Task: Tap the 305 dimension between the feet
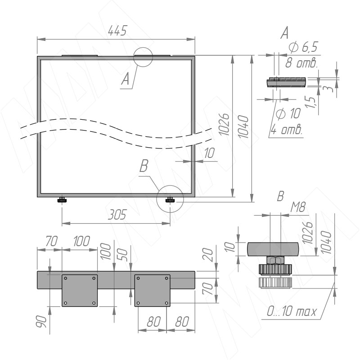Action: pos(117,215)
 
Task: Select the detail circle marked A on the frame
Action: pos(144,57)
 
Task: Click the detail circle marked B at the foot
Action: pos(170,198)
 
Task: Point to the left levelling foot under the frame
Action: pos(62,200)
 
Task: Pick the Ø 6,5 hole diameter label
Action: pos(303,46)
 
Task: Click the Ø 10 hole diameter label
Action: pos(288,114)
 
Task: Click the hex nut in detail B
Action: pos(274,260)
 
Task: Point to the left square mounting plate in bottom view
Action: pos(79,290)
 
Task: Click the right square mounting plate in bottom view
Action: pos(153,290)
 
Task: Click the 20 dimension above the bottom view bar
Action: pos(207,256)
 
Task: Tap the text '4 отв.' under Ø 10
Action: pos(286,130)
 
